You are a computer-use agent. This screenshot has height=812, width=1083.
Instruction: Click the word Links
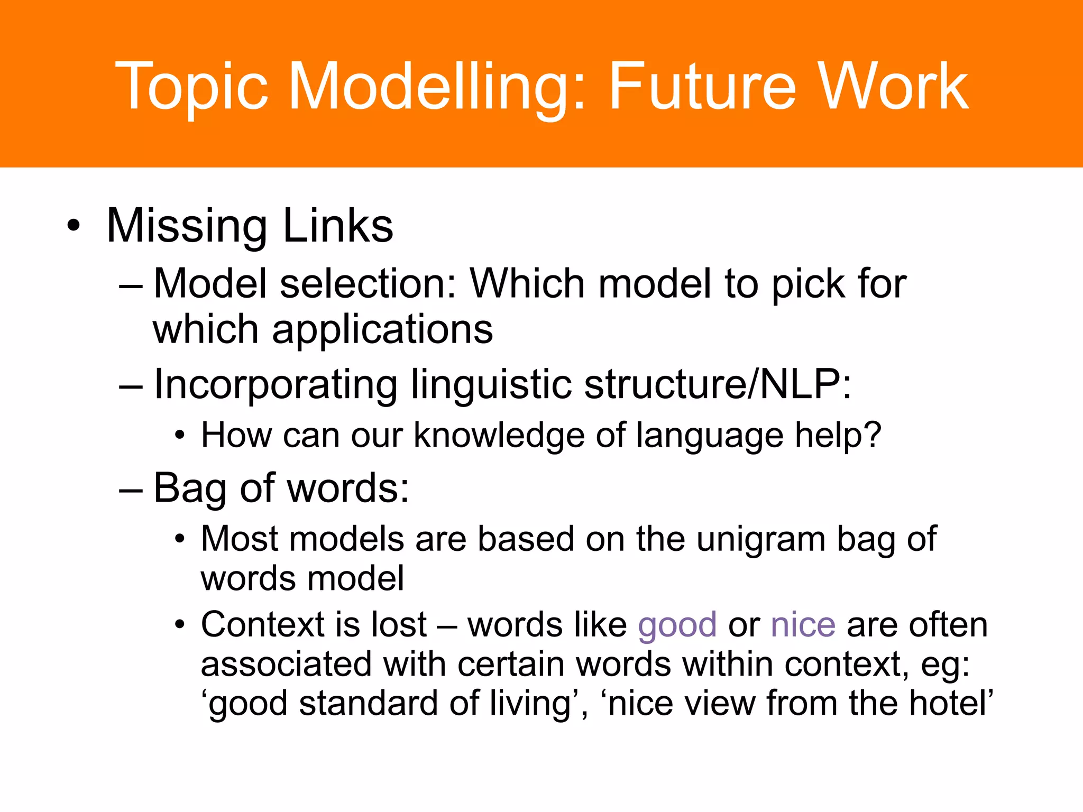pos(338,226)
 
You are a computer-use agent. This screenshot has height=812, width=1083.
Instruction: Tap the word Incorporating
pos(276,385)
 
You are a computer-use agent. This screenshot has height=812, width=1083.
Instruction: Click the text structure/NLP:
pos(718,385)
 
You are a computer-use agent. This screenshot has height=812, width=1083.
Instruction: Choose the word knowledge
pos(499,437)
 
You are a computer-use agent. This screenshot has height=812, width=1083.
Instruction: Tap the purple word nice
pos(803,625)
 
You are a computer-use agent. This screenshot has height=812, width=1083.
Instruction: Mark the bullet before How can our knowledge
pos(180,437)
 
